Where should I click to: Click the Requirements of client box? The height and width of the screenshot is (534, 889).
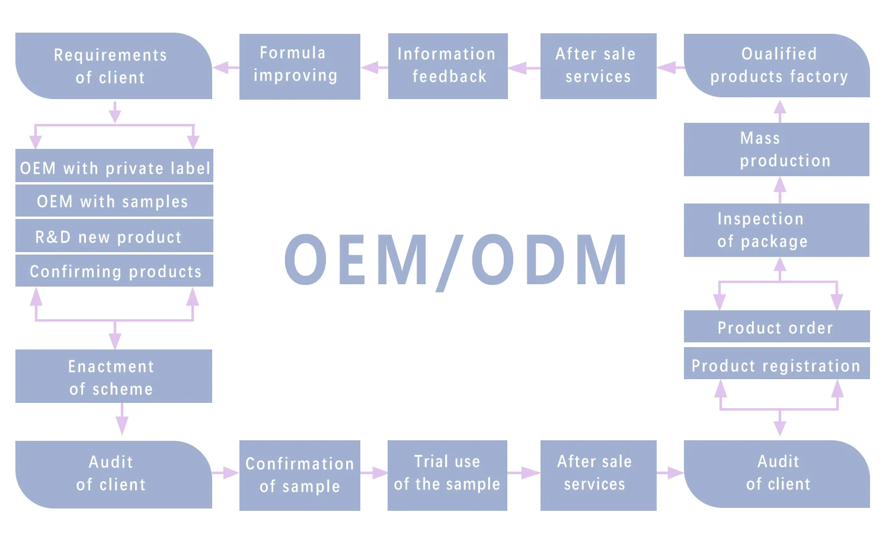click(113, 66)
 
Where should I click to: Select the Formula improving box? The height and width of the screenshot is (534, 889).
click(299, 66)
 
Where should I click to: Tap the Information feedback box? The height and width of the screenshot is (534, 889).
click(447, 66)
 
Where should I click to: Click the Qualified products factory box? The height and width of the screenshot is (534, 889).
click(776, 66)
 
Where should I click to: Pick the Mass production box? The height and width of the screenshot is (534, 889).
click(776, 150)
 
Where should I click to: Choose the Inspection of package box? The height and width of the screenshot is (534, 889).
click(776, 230)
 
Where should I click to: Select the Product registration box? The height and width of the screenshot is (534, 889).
click(776, 364)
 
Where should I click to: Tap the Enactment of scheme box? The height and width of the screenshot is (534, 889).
click(113, 376)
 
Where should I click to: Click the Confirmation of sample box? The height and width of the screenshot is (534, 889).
click(299, 475)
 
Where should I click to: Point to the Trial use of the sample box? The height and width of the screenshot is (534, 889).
click(447, 475)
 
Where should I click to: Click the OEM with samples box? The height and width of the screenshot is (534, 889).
click(114, 201)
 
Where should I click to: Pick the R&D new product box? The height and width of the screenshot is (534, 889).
click(114, 236)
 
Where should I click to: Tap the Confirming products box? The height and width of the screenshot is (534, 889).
click(114, 271)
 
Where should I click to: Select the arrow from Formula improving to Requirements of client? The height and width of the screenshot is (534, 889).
click(226, 68)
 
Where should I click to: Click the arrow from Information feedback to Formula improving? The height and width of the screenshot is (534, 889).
click(374, 68)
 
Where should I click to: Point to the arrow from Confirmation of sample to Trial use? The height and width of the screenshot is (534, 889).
click(374, 473)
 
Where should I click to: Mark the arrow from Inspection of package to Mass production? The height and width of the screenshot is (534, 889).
click(780, 189)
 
